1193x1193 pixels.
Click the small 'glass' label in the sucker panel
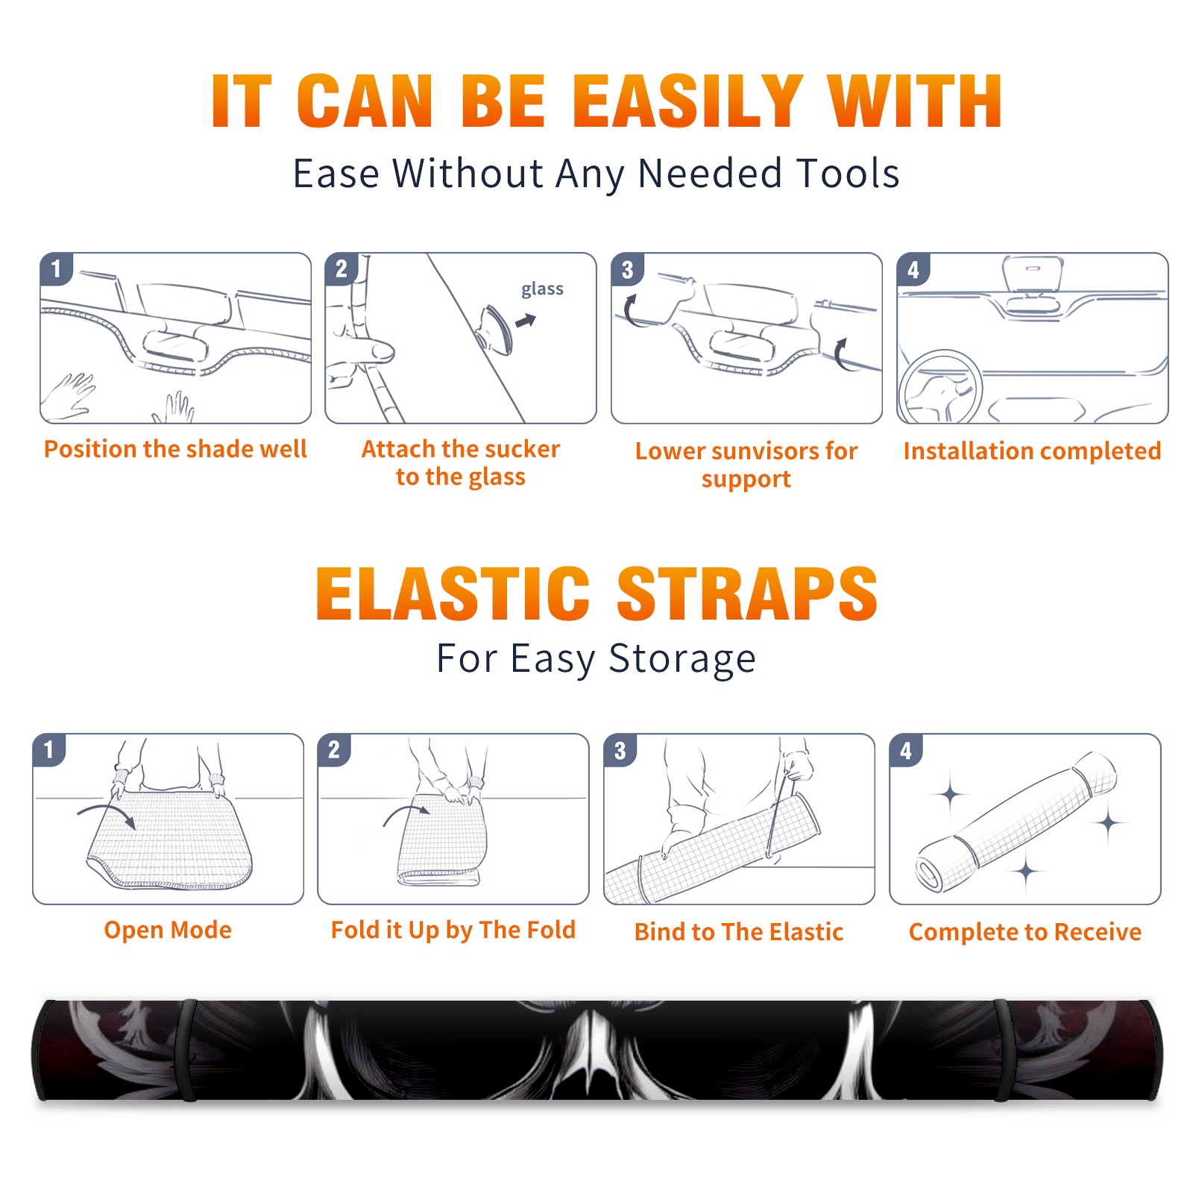(x=542, y=289)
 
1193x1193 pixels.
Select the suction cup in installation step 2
(x=496, y=330)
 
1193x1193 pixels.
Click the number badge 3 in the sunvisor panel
(x=627, y=269)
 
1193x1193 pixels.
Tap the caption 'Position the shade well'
(x=175, y=449)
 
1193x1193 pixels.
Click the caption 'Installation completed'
(x=1032, y=451)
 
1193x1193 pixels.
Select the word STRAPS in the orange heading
(x=747, y=594)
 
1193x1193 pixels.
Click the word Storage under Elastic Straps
(x=682, y=659)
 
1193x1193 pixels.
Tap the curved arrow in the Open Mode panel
(x=107, y=814)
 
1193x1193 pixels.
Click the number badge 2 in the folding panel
(x=334, y=749)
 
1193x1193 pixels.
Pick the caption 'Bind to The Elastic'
(x=739, y=932)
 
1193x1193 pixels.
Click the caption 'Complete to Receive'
(x=1025, y=932)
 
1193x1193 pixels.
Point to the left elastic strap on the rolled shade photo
(x=188, y=1051)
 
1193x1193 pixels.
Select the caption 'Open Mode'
(x=168, y=930)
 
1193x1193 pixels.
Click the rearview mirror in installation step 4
(x=1033, y=273)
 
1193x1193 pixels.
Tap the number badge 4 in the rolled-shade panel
(x=906, y=749)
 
